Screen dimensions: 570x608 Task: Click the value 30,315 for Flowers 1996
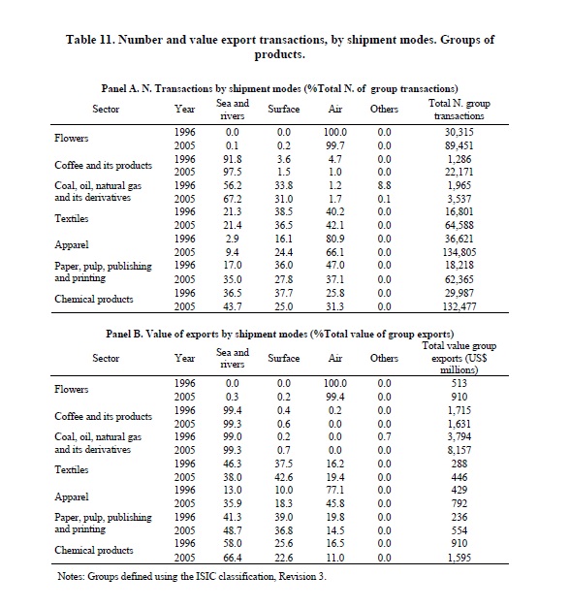[459, 132]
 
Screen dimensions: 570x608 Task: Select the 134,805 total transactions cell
[459, 252]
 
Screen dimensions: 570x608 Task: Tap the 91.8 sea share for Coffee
[233, 159]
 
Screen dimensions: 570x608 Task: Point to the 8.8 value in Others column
[384, 185]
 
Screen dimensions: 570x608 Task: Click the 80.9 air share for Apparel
[335, 239]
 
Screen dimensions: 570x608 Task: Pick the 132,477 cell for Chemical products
[459, 306]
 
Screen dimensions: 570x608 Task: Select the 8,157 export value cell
[459, 450]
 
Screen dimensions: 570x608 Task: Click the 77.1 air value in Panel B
[335, 490]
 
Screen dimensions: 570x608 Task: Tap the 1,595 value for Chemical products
[459, 558]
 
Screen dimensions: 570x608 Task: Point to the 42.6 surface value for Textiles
[284, 477]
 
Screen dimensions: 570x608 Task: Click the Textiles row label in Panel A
[72, 219]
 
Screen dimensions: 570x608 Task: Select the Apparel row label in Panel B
[72, 496]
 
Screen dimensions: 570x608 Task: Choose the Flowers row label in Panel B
[72, 389]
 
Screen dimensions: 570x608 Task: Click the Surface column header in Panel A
[284, 110]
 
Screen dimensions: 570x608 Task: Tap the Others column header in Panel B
[384, 358]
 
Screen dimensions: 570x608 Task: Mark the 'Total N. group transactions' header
[459, 110]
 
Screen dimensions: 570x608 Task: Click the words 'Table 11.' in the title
[90, 40]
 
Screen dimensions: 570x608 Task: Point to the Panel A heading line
[279, 89]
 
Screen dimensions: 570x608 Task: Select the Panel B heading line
[279, 334]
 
